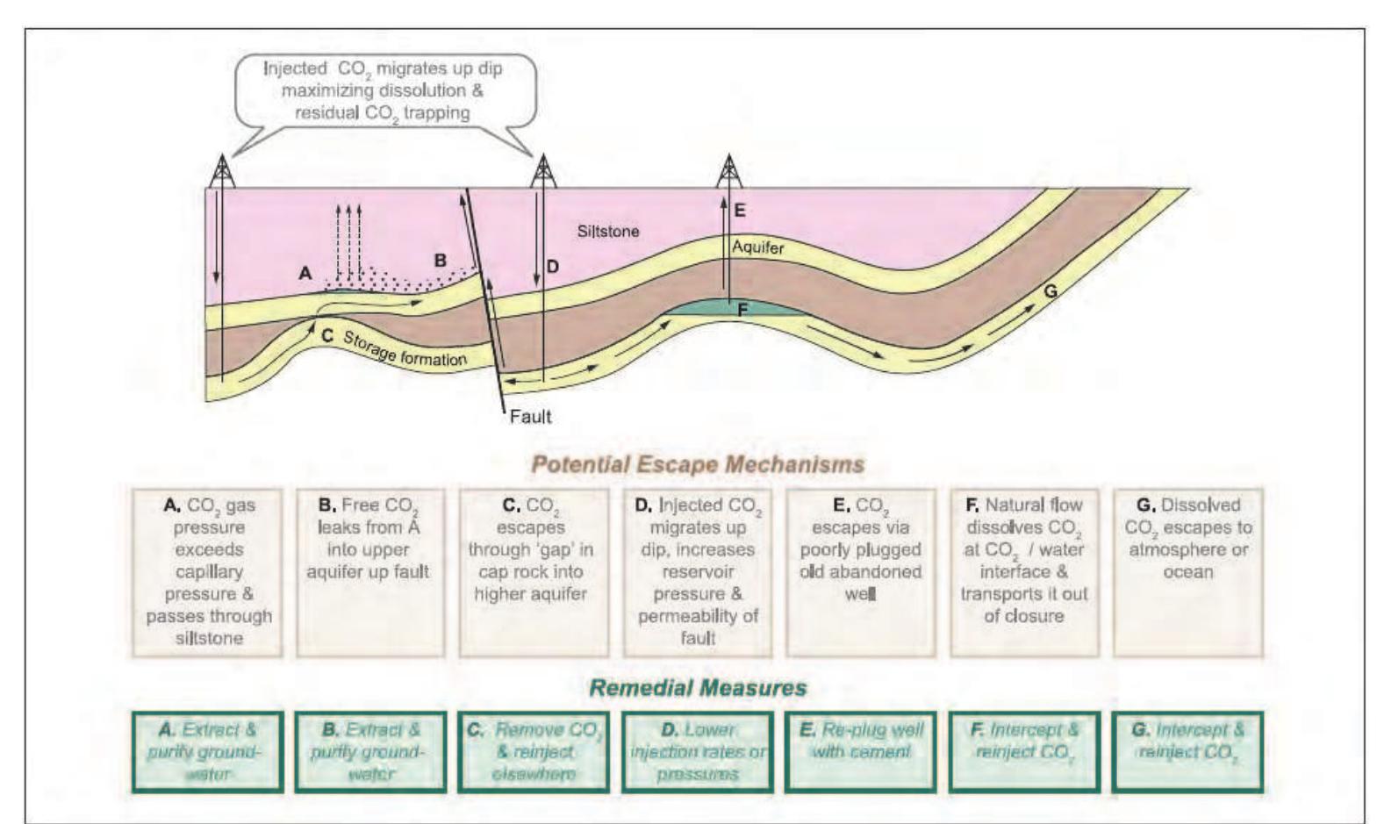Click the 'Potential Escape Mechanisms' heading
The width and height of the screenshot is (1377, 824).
click(x=698, y=464)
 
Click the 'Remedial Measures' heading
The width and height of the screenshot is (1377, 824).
click(x=698, y=687)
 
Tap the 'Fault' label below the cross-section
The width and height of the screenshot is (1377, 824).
click(x=530, y=416)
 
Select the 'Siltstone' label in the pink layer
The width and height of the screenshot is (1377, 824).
click(x=607, y=232)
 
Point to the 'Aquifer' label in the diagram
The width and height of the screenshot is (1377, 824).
click(x=757, y=248)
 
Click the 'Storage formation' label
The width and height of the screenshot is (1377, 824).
click(x=404, y=349)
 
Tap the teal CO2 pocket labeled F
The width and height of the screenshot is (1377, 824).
click(x=737, y=309)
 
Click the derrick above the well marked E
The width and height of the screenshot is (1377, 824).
click(x=728, y=171)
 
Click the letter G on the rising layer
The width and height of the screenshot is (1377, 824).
click(x=1050, y=290)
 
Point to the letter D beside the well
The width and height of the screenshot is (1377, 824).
click(x=552, y=266)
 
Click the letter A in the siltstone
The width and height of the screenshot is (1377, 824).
click(x=305, y=273)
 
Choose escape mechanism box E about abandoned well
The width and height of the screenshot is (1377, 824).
click(x=861, y=572)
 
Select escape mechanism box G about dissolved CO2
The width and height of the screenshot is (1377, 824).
click(x=1187, y=572)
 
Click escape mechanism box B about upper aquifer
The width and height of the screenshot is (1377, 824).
click(x=368, y=572)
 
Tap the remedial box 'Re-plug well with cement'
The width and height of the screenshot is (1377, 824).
click(x=861, y=752)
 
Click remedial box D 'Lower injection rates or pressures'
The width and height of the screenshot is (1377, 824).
click(x=698, y=752)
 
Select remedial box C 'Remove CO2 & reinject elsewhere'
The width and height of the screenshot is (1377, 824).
click(x=534, y=752)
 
